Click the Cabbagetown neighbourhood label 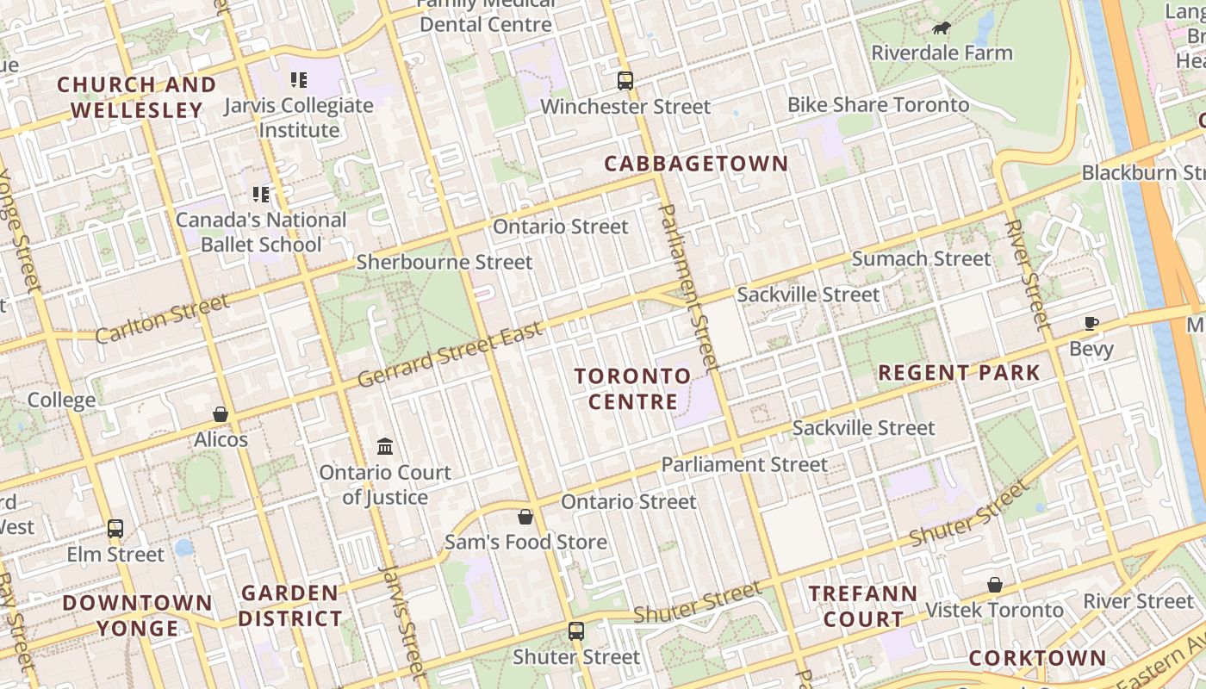pos(696,164)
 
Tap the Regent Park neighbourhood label pos(959,373)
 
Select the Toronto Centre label pos(633,389)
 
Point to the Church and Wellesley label pos(136,97)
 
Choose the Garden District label pos(289,605)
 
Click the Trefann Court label pos(863,606)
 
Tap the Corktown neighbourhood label pos(1037,659)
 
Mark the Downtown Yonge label pos(137,615)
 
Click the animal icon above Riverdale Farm pos(942,28)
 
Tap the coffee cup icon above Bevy pos(1091,324)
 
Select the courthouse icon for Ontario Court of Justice pos(385,447)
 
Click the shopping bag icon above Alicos pos(221,414)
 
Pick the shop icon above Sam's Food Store pos(525,517)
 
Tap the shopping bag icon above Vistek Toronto pos(995,585)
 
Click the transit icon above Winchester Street pos(625,81)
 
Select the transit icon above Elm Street pos(115,528)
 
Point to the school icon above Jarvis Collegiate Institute pos(299,80)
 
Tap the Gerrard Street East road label pos(450,355)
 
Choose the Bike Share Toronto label pos(878,105)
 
